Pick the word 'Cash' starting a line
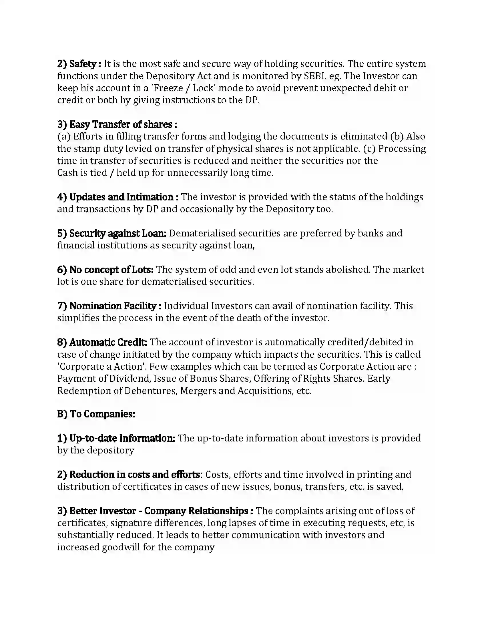[x=68, y=173]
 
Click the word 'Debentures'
[x=150, y=391]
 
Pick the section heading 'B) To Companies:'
[x=96, y=414]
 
